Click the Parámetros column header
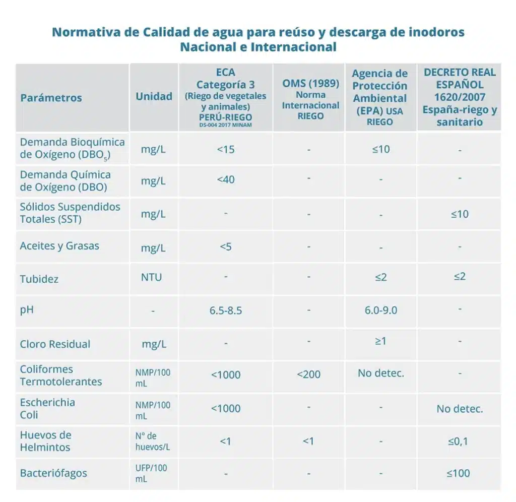tap(51, 98)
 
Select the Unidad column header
tap(154, 96)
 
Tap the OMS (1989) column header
tap(310, 99)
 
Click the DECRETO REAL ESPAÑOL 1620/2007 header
tap(460, 97)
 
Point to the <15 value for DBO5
tap(226, 150)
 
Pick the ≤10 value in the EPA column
tap(380, 149)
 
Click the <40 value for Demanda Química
tap(226, 180)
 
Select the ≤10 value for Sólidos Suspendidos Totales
tap(459, 214)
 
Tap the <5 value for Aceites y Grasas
tap(226, 246)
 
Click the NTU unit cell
tap(151, 277)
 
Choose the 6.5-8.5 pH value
tap(226, 310)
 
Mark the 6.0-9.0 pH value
tap(380, 310)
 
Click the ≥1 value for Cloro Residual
tap(380, 341)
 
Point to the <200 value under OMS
tap(308, 374)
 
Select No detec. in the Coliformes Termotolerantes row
tap(380, 373)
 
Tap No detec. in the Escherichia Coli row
tap(459, 409)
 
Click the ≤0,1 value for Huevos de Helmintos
tap(459, 442)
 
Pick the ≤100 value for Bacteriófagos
tap(459, 473)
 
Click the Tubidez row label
tap(39, 279)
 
